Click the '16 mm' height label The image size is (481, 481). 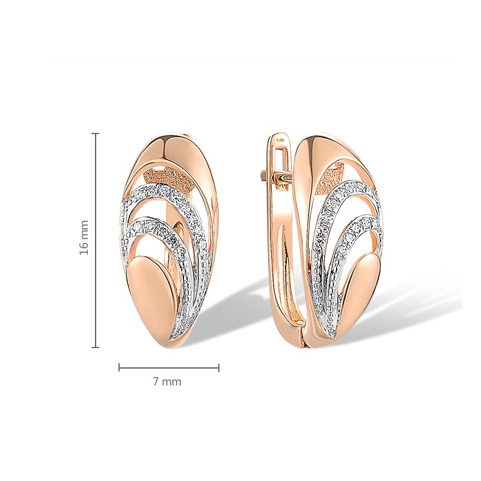point(84,237)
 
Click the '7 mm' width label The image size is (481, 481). point(167,382)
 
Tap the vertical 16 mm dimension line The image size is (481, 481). point(96,240)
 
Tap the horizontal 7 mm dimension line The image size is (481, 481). point(169,367)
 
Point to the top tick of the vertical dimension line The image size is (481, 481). point(96,133)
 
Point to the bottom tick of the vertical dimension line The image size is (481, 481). point(96,348)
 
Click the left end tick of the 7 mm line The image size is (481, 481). point(119,367)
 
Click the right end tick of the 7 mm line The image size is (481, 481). point(219,367)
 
